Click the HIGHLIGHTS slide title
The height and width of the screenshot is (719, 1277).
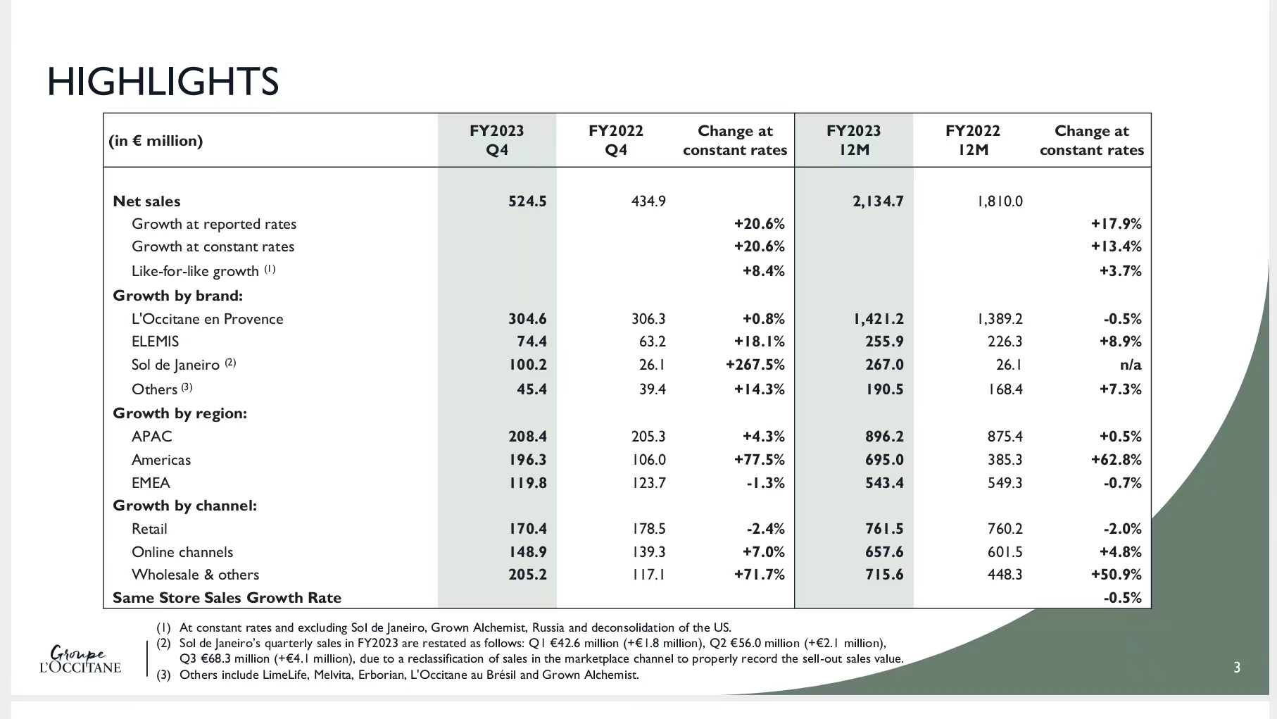coord(163,82)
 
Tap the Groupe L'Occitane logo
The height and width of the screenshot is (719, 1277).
coord(80,660)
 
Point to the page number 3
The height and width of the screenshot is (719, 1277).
coord(1237,668)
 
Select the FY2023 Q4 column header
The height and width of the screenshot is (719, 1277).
coord(497,140)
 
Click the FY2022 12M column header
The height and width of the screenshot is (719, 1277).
coord(973,140)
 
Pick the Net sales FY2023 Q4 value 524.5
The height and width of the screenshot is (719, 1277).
coord(527,201)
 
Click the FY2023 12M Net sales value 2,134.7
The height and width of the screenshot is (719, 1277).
coord(878,201)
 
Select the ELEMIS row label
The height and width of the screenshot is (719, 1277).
coord(155,342)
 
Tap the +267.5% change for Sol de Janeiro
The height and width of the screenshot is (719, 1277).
coord(755,365)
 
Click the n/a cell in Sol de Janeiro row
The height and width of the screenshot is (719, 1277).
coord(1131,365)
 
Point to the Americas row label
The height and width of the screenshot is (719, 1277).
coord(161,460)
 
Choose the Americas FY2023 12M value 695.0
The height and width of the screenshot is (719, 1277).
coord(884,460)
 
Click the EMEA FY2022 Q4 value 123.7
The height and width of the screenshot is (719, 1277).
coord(648,483)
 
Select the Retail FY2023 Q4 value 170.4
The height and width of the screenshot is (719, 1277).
coord(528,529)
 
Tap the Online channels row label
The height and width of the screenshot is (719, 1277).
coord(182,552)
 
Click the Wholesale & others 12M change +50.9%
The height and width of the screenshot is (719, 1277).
coord(1116,575)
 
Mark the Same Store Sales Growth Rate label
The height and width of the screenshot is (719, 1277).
coord(227,598)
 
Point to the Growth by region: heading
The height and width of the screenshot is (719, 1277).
coord(180,413)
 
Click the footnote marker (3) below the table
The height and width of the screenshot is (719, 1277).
coord(163,675)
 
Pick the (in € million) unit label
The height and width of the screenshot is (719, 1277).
coord(156,141)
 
